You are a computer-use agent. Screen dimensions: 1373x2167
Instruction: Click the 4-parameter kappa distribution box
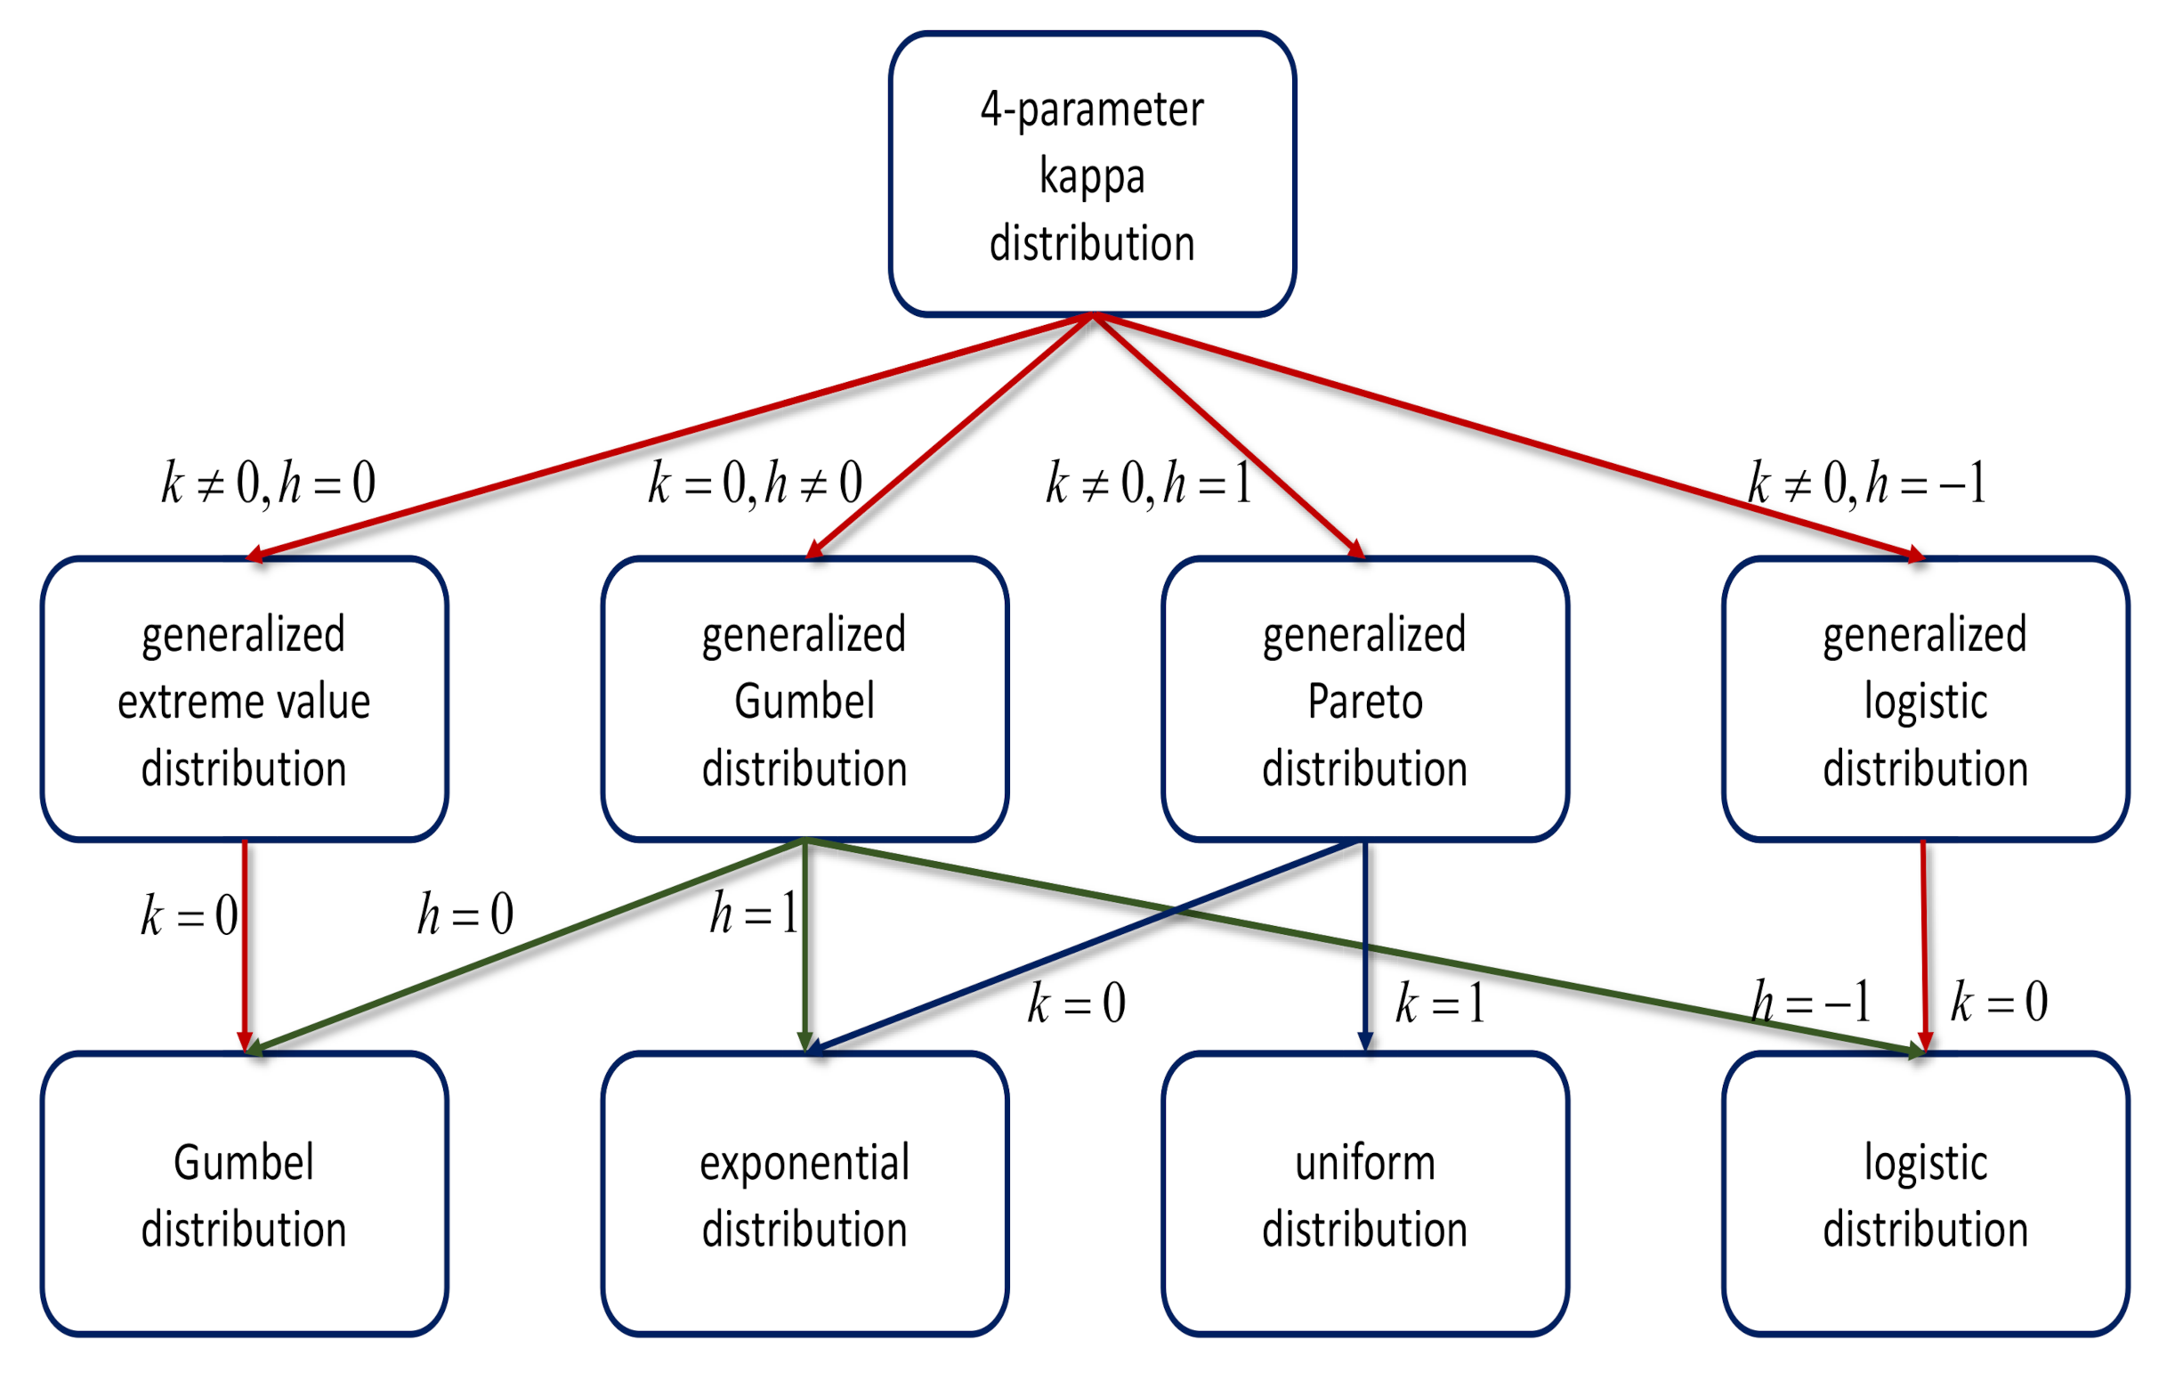tap(1092, 175)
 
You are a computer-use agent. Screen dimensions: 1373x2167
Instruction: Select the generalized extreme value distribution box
tap(244, 700)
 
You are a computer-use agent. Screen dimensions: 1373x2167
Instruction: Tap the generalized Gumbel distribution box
tap(804, 700)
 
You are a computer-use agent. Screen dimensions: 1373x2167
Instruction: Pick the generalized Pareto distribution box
tap(1364, 700)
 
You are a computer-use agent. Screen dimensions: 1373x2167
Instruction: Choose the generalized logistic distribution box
tap(1925, 700)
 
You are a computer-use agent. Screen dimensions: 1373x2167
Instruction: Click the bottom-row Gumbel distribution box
tap(244, 1194)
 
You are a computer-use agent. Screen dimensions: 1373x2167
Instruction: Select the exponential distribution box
tap(804, 1194)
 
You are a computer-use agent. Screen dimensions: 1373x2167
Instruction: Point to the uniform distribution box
tap(1364, 1194)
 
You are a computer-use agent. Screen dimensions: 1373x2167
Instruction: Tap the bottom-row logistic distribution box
tap(1925, 1194)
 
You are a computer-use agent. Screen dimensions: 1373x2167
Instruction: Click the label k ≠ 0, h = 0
tap(268, 483)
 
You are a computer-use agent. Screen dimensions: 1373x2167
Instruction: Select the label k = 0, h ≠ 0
tap(755, 483)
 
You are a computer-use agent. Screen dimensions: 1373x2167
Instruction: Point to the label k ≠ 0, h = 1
tap(1148, 483)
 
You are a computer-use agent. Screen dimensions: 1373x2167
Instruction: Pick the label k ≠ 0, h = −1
tap(1866, 483)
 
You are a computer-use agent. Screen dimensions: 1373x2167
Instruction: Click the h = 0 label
tap(465, 914)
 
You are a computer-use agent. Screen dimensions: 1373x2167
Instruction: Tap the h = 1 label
tap(753, 914)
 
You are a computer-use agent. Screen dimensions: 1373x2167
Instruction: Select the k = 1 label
tap(1439, 1003)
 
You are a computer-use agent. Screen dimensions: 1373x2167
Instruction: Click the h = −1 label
tap(1811, 1001)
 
